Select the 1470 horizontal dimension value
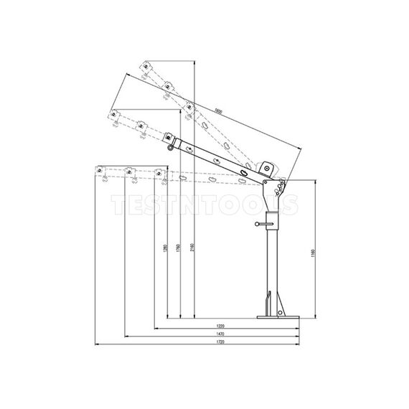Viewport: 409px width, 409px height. [210, 335]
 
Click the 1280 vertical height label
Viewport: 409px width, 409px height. [165, 248]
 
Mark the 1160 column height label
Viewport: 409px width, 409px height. [313, 253]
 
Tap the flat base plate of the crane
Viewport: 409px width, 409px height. [277, 317]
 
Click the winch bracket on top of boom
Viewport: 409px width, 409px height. [268, 168]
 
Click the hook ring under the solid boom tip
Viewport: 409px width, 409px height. [169, 148]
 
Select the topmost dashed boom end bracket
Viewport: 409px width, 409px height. [146, 67]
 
